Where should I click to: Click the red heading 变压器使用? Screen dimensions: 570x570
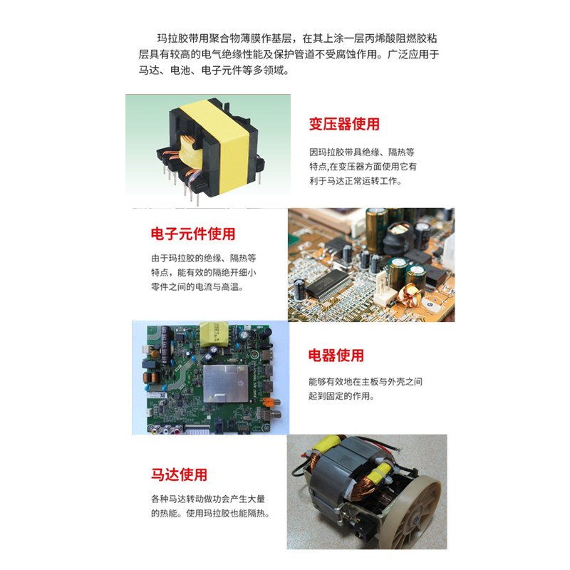[x=343, y=124]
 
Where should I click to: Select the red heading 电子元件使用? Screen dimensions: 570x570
[x=192, y=234]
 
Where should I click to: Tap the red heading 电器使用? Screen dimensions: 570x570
[x=336, y=356]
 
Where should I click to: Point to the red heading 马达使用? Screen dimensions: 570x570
[x=179, y=475]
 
